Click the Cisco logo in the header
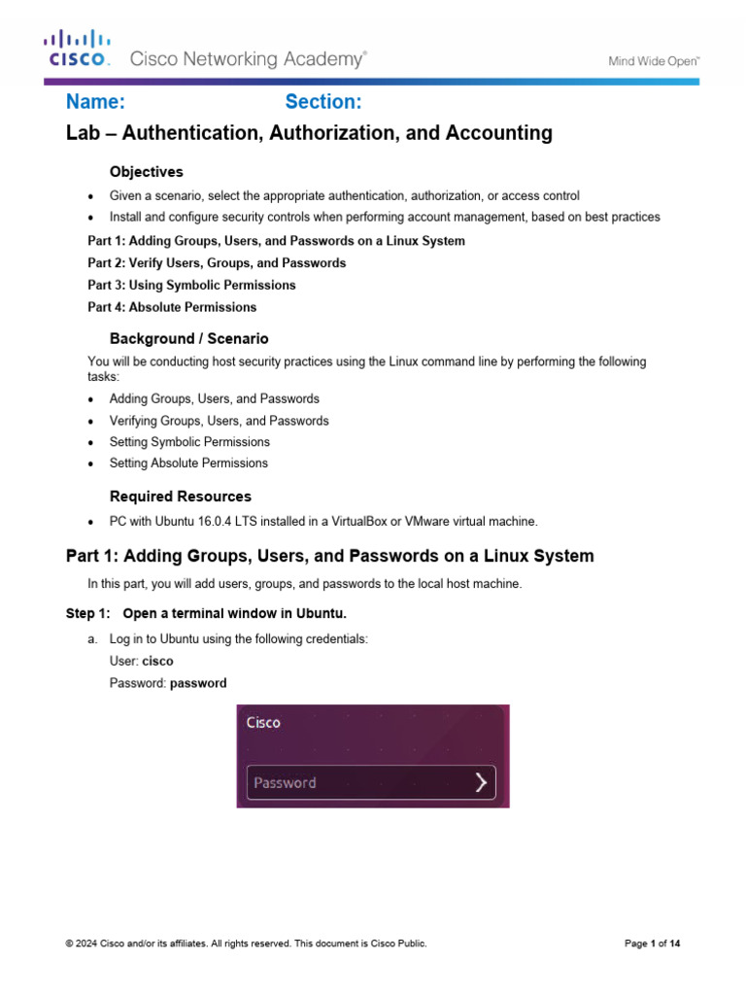(x=78, y=50)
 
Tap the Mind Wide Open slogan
(x=654, y=61)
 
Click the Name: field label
(x=95, y=103)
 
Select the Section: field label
(x=323, y=103)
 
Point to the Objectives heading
(x=146, y=172)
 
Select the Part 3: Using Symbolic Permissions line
(x=191, y=286)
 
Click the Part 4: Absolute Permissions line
(x=172, y=307)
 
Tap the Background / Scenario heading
(x=188, y=339)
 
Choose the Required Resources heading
(x=180, y=497)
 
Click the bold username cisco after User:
(x=157, y=661)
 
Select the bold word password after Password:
(x=198, y=683)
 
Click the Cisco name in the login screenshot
(x=263, y=723)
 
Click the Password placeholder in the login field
(x=285, y=783)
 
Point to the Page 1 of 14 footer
(x=652, y=944)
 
